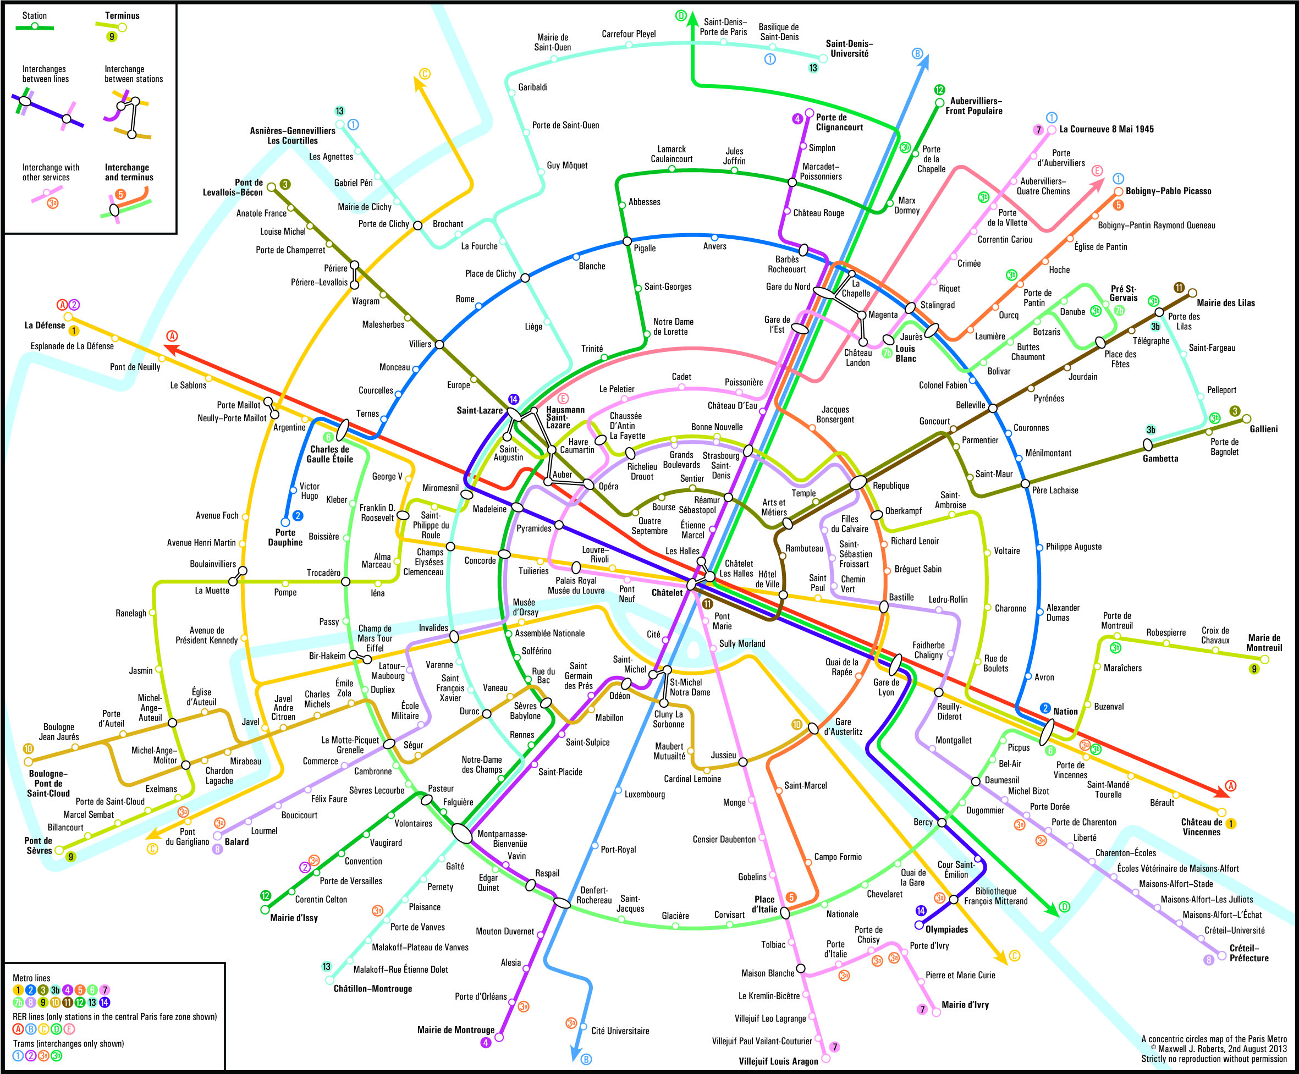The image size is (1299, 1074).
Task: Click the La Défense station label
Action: point(45,326)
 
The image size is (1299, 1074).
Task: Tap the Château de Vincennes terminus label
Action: point(1201,827)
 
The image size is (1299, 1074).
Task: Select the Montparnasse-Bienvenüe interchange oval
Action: point(461,833)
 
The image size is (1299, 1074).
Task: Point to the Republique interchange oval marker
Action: point(858,483)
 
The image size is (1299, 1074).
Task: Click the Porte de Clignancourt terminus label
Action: point(839,123)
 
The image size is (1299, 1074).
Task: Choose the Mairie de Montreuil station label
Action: point(1264,643)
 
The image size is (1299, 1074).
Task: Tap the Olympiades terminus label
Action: point(946,929)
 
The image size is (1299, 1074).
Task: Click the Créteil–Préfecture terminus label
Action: point(1249,952)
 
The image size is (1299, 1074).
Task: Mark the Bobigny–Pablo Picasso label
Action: point(1169,191)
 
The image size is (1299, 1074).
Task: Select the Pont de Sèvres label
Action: point(38,846)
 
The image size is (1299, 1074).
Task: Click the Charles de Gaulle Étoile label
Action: point(329,454)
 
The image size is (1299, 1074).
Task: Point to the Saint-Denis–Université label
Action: point(849,49)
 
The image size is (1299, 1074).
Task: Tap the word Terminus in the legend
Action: point(122,15)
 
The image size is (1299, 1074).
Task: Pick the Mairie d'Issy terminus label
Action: point(294,917)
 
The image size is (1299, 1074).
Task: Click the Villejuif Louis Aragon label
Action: point(778,1061)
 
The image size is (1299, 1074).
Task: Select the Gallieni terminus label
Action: point(1263,429)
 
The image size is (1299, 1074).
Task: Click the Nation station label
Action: point(1065,712)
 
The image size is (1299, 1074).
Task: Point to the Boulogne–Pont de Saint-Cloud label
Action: point(48,783)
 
